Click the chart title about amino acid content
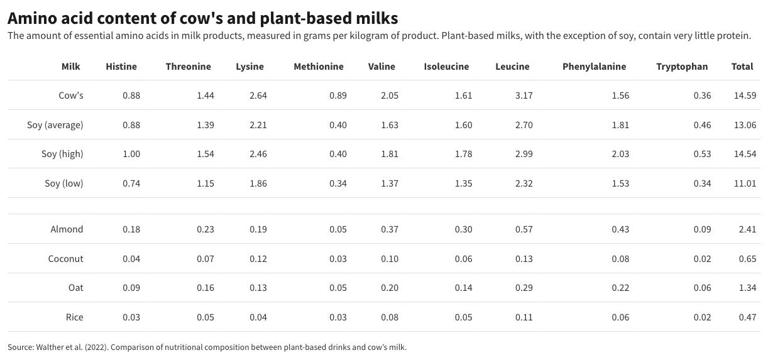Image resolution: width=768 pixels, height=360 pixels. pyautogui.click(x=202, y=17)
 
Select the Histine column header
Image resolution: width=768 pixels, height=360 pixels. pyautogui.click(x=121, y=67)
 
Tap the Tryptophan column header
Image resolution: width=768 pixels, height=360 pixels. pyautogui.click(x=682, y=67)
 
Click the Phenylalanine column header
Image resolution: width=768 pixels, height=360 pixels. pyautogui.click(x=594, y=67)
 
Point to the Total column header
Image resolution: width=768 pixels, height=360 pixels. pyautogui.click(x=742, y=67)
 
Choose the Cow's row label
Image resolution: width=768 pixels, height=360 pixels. pyautogui.click(x=71, y=95)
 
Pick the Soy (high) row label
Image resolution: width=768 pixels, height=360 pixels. pyautogui.click(x=63, y=154)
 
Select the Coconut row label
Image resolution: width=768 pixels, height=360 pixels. pyautogui.click(x=66, y=259)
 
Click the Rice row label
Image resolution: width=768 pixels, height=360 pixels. pyautogui.click(x=74, y=317)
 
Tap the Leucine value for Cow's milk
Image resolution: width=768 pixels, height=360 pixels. pyautogui.click(x=523, y=95)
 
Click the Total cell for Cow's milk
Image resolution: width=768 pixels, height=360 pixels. pyautogui.click(x=745, y=95)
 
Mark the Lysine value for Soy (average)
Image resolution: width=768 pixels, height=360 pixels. pyautogui.click(x=258, y=125)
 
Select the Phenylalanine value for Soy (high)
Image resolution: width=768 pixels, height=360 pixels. pyautogui.click(x=620, y=154)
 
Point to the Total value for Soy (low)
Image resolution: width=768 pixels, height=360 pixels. pyautogui.click(x=745, y=183)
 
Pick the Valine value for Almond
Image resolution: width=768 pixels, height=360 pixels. pyautogui.click(x=390, y=229)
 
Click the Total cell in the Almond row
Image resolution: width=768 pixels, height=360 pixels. pyautogui.click(x=747, y=229)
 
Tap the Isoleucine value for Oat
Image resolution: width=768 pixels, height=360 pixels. pyautogui.click(x=463, y=288)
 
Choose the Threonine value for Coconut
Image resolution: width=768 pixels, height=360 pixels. pyautogui.click(x=205, y=259)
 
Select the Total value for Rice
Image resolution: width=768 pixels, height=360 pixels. pyautogui.click(x=747, y=317)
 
